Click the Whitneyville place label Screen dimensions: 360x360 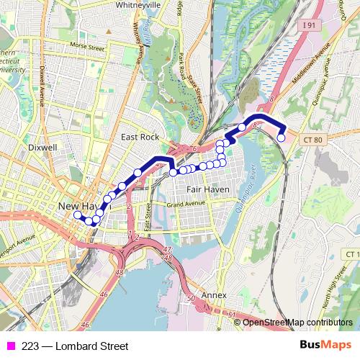[x=140, y=4]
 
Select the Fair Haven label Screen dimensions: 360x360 [x=207, y=189]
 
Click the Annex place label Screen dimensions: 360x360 [x=214, y=296]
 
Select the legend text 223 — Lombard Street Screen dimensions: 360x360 [x=65, y=346]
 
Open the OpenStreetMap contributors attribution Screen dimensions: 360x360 [x=297, y=322]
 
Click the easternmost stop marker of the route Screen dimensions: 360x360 [x=282, y=138]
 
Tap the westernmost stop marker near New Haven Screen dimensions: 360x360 [x=77, y=215]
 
